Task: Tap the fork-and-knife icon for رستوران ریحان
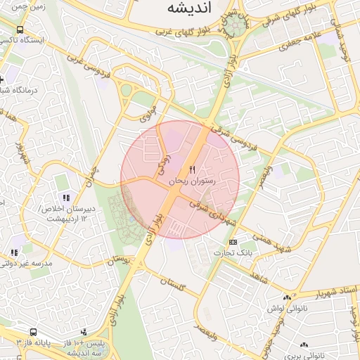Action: point(192,170)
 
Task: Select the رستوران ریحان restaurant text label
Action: point(192,181)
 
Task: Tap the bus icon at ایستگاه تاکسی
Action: point(20,30)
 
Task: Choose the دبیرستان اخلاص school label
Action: point(66,209)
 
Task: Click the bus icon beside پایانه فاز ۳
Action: point(33,332)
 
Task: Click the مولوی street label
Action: point(151,112)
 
